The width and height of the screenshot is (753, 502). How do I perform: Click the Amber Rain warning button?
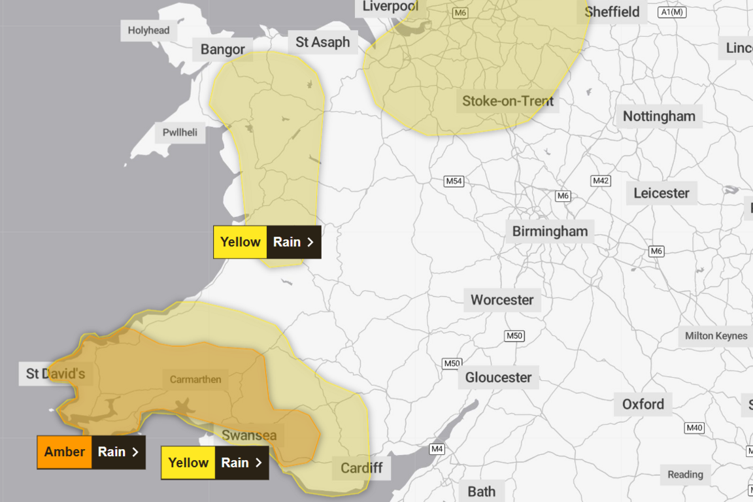(91, 452)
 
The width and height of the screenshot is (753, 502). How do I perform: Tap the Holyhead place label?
(148, 30)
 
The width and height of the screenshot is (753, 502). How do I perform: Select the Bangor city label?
(222, 49)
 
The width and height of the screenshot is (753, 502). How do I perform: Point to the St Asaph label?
(323, 42)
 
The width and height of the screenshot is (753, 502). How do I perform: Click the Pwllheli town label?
(180, 133)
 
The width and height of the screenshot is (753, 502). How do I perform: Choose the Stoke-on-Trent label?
(507, 101)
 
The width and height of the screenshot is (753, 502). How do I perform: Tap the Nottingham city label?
(659, 116)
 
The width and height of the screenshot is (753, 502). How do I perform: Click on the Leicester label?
(661, 193)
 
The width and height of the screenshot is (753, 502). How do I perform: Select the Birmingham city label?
(550, 231)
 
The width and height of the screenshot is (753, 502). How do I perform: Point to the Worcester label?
(502, 300)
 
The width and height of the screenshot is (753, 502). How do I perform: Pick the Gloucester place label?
(498, 377)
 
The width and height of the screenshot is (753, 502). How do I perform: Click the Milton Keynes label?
(716, 336)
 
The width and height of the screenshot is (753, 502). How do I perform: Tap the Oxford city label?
(643, 404)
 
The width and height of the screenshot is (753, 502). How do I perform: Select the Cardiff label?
(361, 468)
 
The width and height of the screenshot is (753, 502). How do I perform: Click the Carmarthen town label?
(195, 379)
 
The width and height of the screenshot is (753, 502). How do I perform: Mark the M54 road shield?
(454, 181)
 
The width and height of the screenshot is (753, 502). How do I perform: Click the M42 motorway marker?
(600, 180)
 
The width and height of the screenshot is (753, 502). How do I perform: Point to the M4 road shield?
(437, 449)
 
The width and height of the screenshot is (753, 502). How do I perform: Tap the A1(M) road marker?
(671, 12)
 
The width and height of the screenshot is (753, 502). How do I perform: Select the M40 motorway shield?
(694, 428)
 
